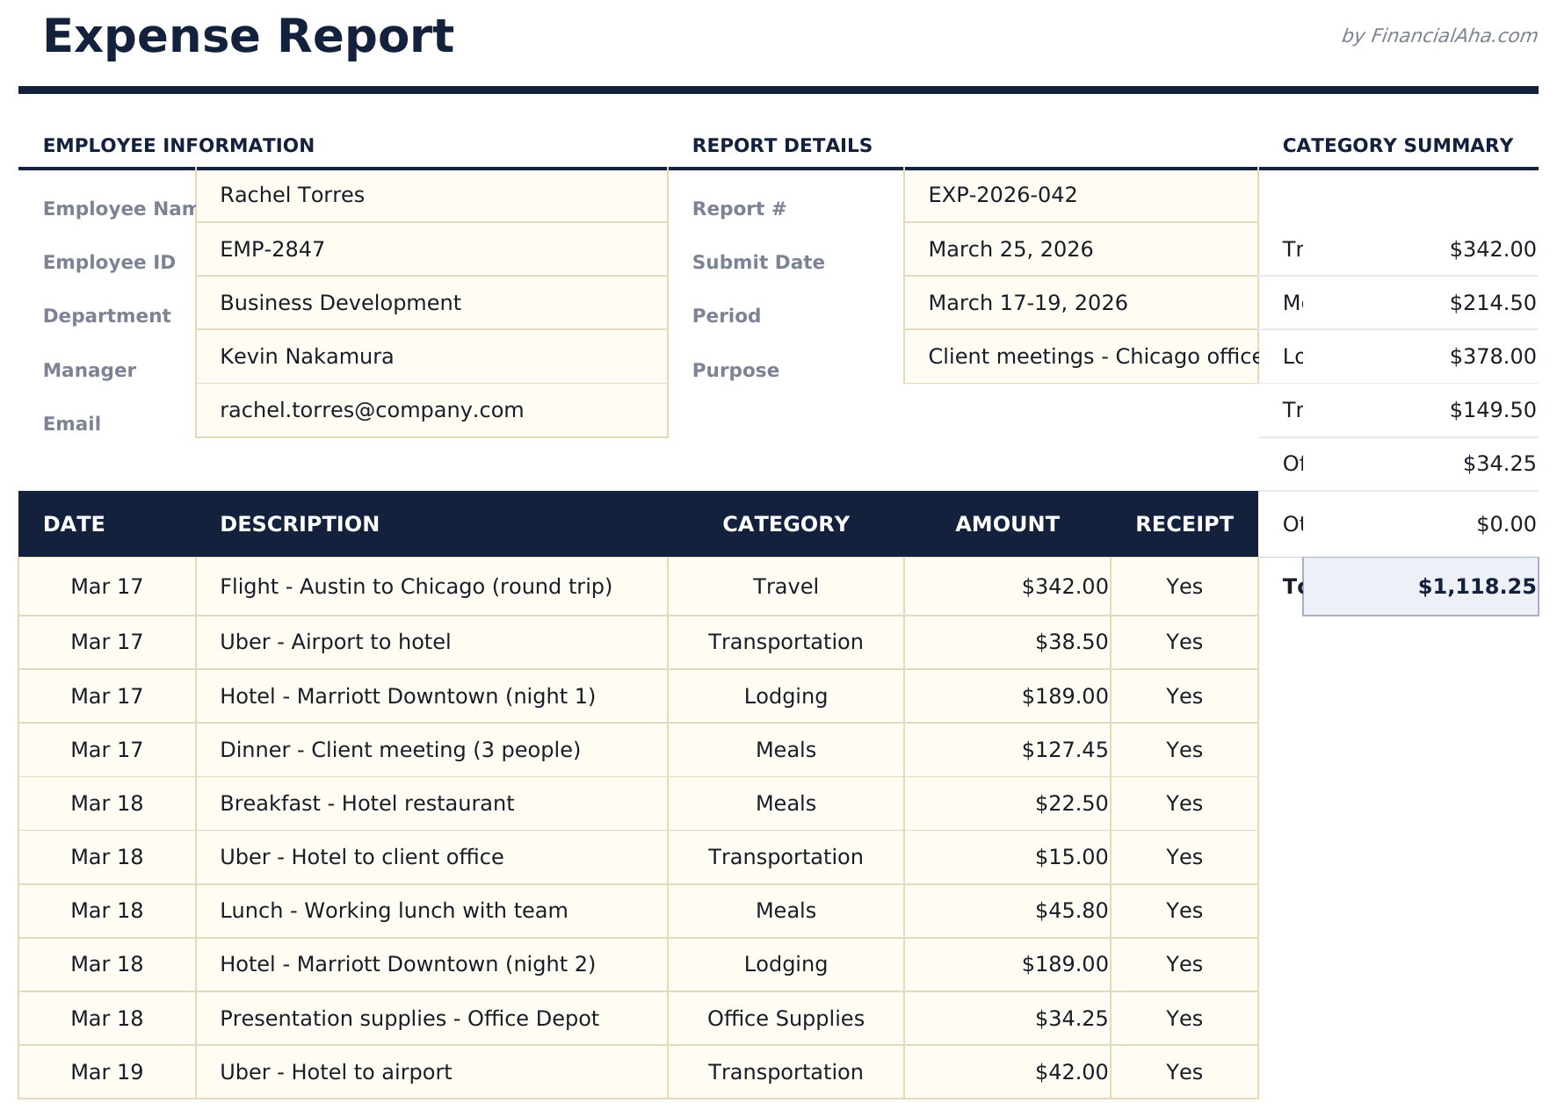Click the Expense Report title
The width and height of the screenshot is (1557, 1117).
pyautogui.click(x=248, y=37)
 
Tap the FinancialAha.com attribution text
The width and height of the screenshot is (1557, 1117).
pyautogui.click(x=1438, y=36)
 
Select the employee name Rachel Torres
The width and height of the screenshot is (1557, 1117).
pyautogui.click(x=292, y=195)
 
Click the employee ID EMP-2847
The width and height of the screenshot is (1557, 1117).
pyautogui.click(x=272, y=249)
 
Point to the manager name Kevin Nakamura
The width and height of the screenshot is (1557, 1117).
pyautogui.click(x=307, y=357)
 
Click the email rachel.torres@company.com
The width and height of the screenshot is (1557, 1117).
pyautogui.click(x=372, y=410)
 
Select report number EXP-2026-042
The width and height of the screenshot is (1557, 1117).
pyautogui.click(x=1003, y=195)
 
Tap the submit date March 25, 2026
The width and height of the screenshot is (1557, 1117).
pyautogui.click(x=1010, y=249)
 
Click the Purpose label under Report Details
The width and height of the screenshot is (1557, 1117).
pyautogui.click(x=735, y=371)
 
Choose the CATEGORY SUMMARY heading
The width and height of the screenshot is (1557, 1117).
pyautogui.click(x=1397, y=146)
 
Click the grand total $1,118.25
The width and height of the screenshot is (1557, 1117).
pyautogui.click(x=1476, y=587)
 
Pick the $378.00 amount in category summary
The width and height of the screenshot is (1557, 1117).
pyautogui.click(x=1492, y=357)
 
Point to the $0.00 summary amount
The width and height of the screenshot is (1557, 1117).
pyautogui.click(x=1505, y=524)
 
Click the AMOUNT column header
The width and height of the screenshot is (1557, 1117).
pyautogui.click(x=1007, y=524)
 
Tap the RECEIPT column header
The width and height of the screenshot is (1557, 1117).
pyautogui.click(x=1184, y=524)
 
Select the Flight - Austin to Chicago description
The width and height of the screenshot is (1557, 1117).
pyautogui.click(x=416, y=587)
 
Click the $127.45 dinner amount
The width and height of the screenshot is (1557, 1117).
pyautogui.click(x=1064, y=750)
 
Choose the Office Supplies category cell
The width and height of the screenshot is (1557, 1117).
pyautogui.click(x=786, y=1019)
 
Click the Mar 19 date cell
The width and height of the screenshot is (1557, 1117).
pyautogui.click(x=106, y=1072)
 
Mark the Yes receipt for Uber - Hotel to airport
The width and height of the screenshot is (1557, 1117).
pyautogui.click(x=1184, y=1072)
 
